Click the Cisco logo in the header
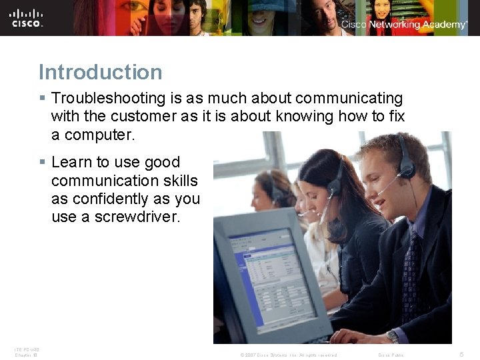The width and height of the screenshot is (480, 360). pos(27,17)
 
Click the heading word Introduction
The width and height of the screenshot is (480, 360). pos(100,72)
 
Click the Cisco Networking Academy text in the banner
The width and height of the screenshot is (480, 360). pos(404,25)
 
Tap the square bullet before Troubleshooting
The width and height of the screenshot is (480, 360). pos(42,99)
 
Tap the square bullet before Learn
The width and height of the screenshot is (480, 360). pos(42,162)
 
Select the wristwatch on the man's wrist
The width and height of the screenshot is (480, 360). pos(393,337)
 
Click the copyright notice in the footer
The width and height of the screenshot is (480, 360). pos(288,355)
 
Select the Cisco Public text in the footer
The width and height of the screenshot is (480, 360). pos(391,355)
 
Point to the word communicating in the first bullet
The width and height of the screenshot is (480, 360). pos(349,99)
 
